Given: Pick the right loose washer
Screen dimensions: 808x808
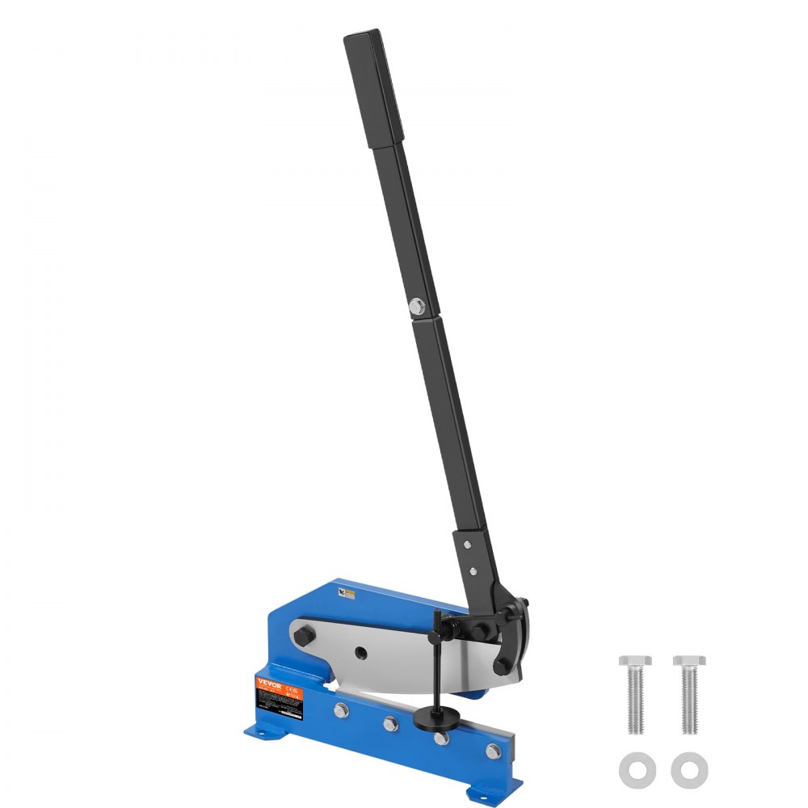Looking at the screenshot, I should click(688, 767).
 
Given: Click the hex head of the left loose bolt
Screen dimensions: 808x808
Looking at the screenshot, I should click(635, 662).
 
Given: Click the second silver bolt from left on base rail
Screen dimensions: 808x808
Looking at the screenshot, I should click(392, 722).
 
